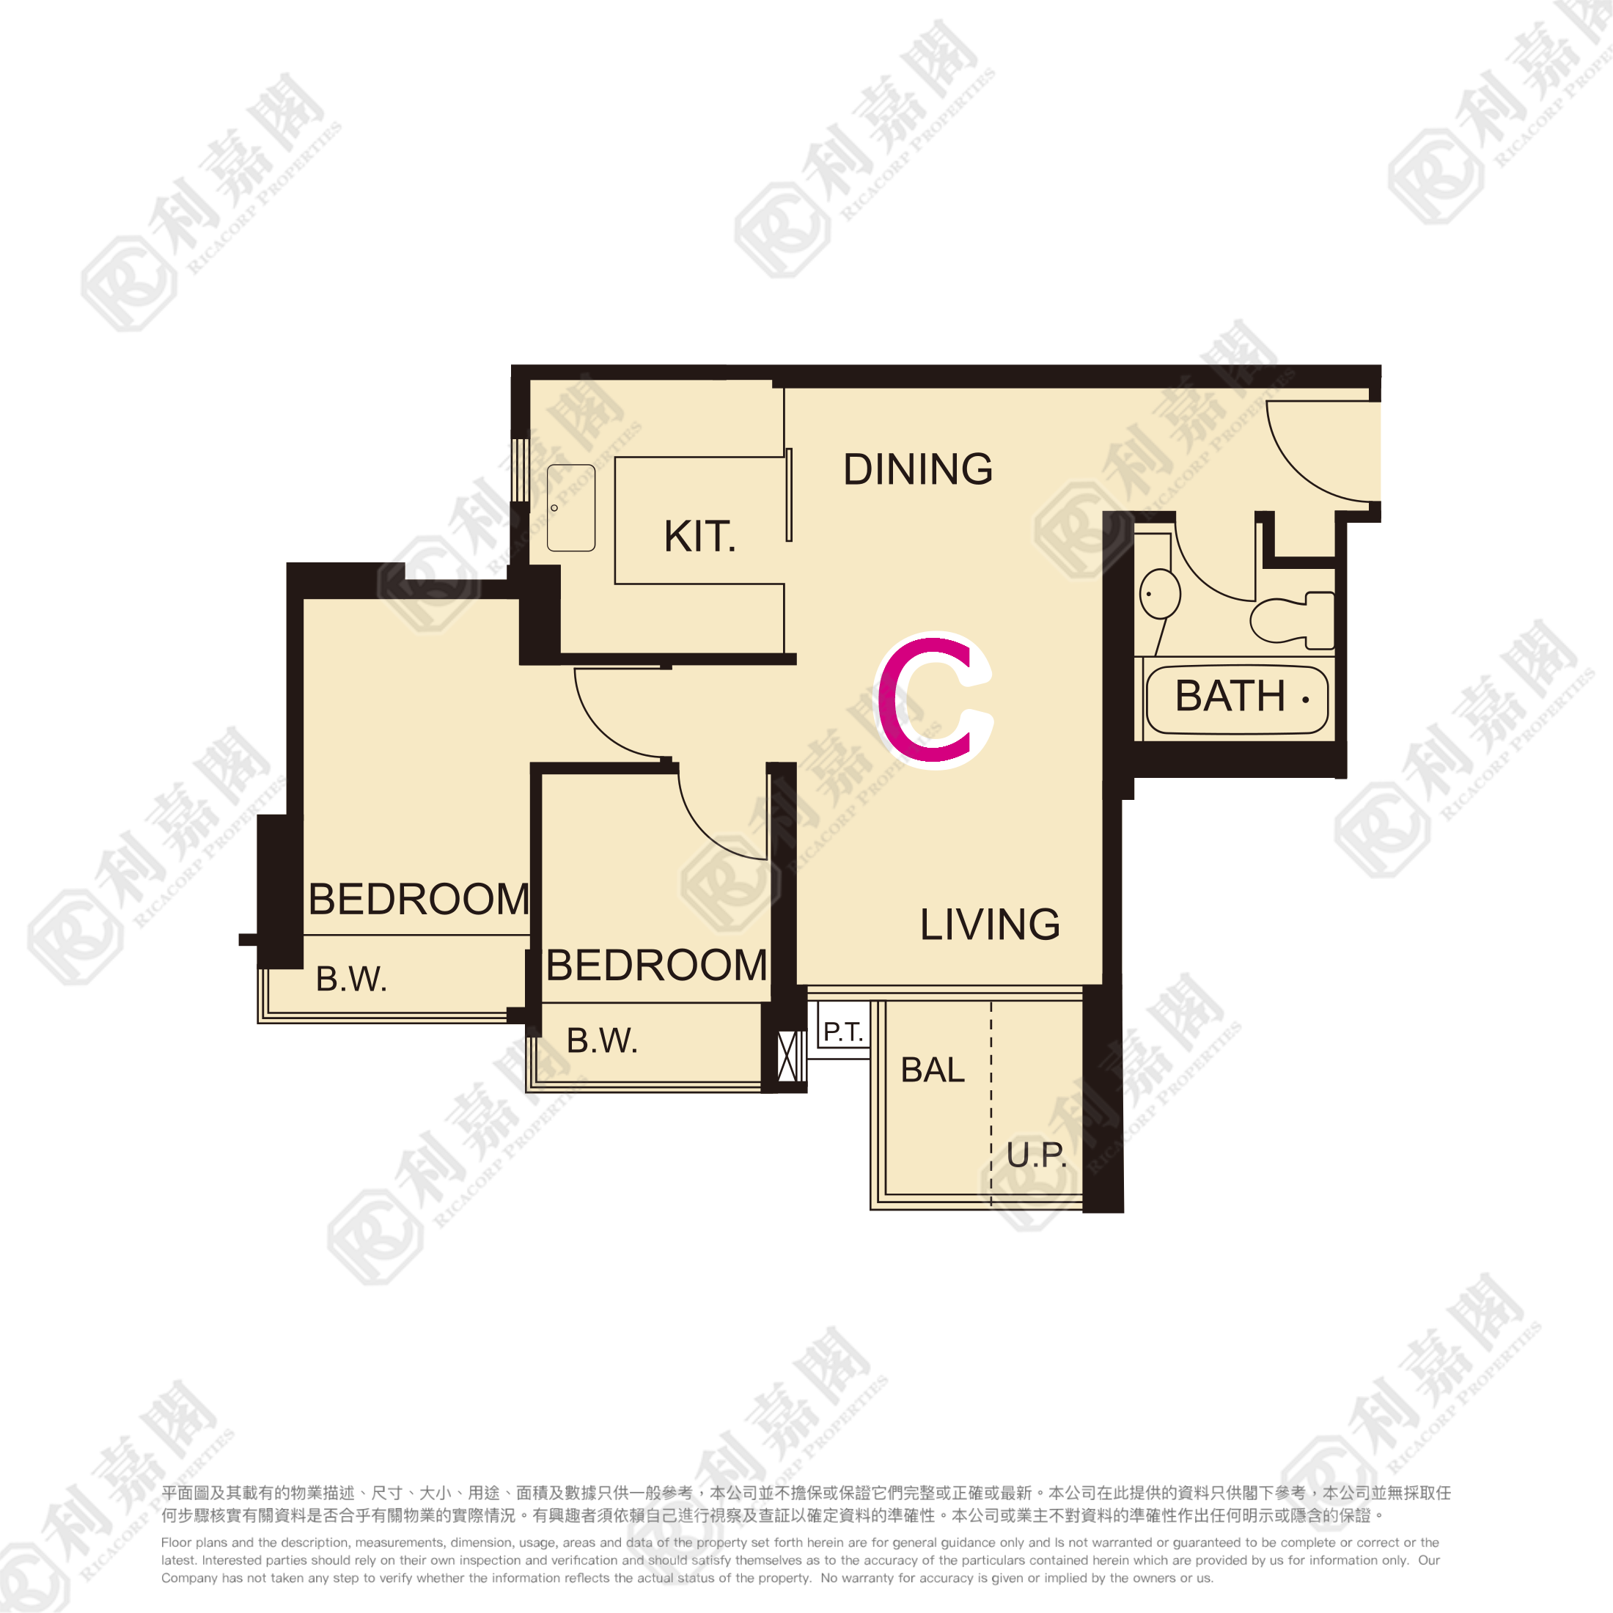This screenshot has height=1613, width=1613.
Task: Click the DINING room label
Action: tap(917, 469)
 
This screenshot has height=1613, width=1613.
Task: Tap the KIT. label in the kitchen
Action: tap(699, 536)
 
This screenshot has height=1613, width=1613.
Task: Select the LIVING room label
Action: tap(991, 925)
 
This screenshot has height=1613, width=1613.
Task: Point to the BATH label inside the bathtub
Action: tap(1230, 696)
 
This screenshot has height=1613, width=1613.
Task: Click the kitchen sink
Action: tap(571, 507)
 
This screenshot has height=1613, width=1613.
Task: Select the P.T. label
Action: tap(843, 1032)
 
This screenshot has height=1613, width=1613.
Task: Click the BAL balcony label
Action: tap(933, 1070)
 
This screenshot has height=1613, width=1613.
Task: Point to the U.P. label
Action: tap(1037, 1155)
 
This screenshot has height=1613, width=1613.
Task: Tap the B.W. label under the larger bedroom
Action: tap(351, 979)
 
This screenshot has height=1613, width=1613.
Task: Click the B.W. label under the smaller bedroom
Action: tap(602, 1040)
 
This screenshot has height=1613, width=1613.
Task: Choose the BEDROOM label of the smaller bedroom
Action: tap(657, 965)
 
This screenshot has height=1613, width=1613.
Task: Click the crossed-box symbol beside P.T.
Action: tap(787, 1057)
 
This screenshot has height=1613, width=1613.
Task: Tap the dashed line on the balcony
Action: tap(991, 1102)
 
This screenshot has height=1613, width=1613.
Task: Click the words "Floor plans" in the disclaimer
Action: tap(192, 1543)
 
